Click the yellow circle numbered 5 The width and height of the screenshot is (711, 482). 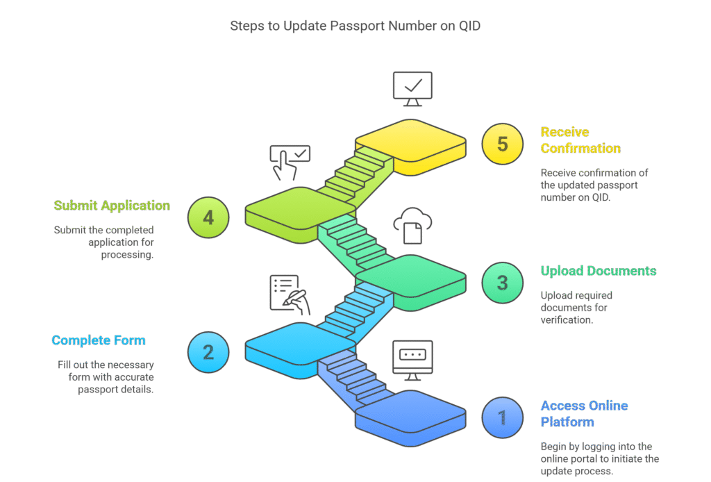tap(503, 144)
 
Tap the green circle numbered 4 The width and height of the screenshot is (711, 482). tap(208, 217)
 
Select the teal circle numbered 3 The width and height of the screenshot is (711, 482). tap(503, 283)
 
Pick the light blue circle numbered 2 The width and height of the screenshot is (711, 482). tap(208, 352)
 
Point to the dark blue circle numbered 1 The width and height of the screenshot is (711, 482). tap(503, 417)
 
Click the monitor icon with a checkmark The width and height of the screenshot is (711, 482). tap(412, 89)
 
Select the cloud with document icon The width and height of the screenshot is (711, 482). tap(412, 226)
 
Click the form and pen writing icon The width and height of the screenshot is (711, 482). tap(290, 294)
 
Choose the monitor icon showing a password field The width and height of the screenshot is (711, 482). tap(412, 360)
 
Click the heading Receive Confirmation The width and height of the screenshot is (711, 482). tap(580, 140)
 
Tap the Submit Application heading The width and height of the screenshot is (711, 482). tap(112, 206)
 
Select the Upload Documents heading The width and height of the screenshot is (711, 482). tap(599, 271)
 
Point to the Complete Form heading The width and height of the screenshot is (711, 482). tap(99, 340)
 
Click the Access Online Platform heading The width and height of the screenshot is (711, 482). tap(584, 413)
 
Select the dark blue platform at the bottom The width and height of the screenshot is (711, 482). tap(410, 418)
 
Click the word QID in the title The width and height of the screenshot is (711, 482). tap(469, 26)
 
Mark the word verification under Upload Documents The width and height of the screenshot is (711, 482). tap(567, 319)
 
